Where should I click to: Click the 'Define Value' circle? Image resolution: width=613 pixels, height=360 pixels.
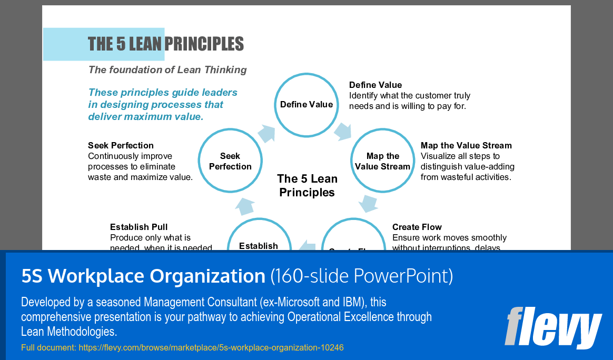click(x=306, y=104)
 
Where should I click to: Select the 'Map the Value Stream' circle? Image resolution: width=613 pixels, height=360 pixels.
click(x=383, y=161)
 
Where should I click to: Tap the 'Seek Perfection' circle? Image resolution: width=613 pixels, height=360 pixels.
click(x=230, y=161)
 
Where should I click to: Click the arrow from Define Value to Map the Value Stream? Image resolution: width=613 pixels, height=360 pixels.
click(x=343, y=131)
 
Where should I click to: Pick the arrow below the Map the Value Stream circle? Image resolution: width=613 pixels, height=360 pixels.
click(x=369, y=203)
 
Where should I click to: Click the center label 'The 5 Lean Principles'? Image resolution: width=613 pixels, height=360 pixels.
click(x=307, y=185)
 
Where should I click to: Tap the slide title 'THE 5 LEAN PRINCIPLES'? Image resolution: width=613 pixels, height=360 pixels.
click(x=165, y=44)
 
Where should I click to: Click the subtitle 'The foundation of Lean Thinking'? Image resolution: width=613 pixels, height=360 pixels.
click(x=167, y=69)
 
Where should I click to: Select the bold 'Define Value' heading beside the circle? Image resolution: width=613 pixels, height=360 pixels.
click(x=375, y=85)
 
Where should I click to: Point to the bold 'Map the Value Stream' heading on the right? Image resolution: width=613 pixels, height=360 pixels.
click(x=466, y=145)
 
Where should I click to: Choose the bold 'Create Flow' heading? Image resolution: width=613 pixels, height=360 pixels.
click(x=417, y=227)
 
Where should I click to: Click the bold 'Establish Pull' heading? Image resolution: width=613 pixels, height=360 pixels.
click(x=139, y=227)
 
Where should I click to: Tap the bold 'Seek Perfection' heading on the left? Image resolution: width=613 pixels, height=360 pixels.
click(x=121, y=145)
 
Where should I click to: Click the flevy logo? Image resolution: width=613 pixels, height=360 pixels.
click(x=552, y=327)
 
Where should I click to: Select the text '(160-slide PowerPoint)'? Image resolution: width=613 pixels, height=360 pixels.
click(x=361, y=276)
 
